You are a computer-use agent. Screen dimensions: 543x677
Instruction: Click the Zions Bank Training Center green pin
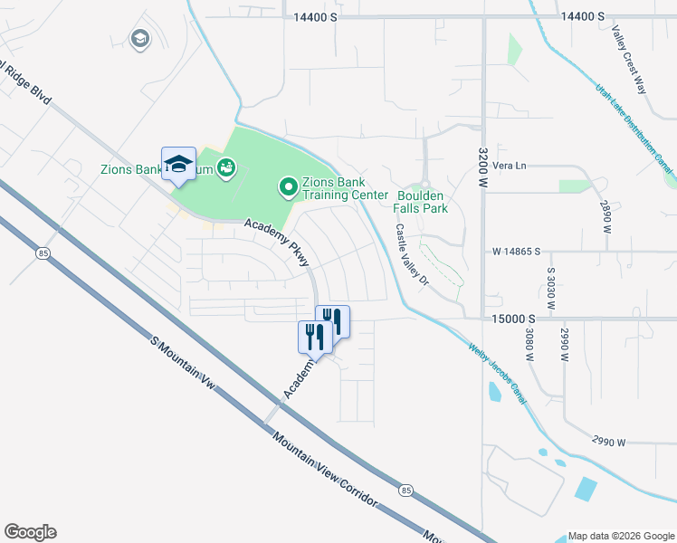[289, 187]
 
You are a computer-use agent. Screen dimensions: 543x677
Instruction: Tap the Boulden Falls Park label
[421, 201]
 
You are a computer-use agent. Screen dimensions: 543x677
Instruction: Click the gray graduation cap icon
[139, 39]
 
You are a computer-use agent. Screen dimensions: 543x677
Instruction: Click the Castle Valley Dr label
[409, 254]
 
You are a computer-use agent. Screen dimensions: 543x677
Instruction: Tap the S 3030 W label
[549, 288]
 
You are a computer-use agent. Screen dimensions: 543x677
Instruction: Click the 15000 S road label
[515, 319]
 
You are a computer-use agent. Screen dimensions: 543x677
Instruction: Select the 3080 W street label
[529, 345]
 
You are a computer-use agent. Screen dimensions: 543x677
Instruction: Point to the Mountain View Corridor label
[322, 464]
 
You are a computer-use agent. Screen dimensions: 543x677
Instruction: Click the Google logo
[31, 532]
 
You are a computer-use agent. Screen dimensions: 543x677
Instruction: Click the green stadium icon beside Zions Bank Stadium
[226, 168]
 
